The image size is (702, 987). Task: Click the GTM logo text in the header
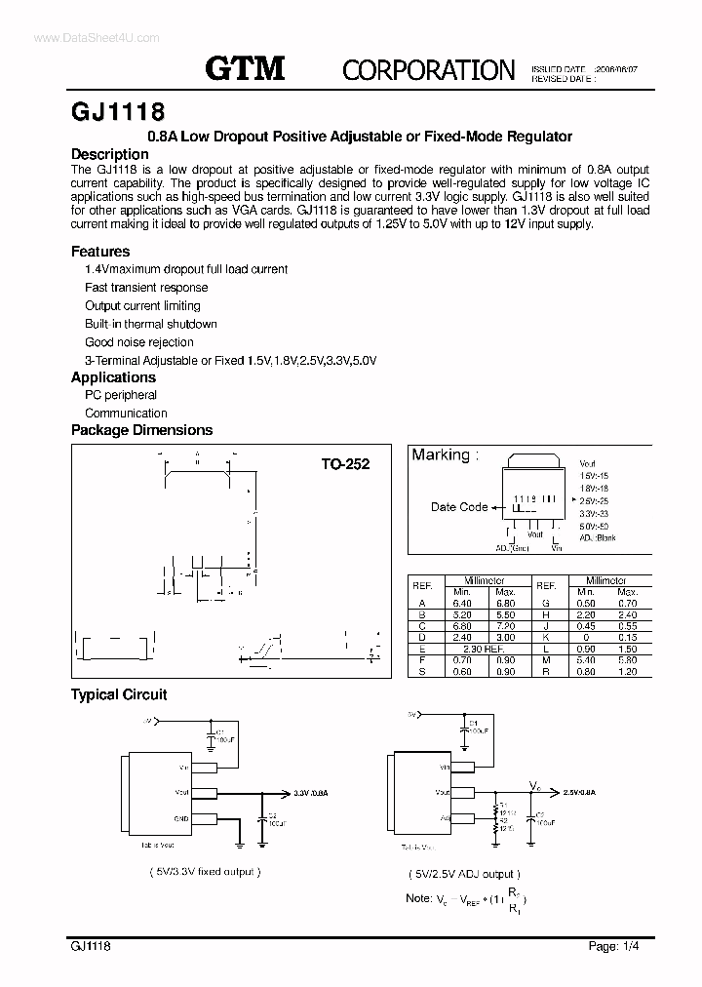[x=245, y=68]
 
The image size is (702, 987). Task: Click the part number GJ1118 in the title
[x=111, y=110]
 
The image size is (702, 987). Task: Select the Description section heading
[x=110, y=154]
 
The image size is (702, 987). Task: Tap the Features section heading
[x=100, y=252]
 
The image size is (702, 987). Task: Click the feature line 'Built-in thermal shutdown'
[x=151, y=324]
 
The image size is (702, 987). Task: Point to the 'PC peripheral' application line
[x=121, y=395]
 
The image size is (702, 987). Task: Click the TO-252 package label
[x=345, y=465]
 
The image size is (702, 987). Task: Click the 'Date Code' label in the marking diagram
[x=459, y=506]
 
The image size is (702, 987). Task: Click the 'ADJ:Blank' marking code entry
[x=598, y=538]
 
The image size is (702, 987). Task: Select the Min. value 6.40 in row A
[x=461, y=604]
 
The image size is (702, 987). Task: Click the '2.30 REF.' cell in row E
[x=484, y=650]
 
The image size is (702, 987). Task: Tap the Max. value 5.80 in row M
[x=627, y=660]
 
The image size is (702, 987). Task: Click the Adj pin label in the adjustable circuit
[x=444, y=818]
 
